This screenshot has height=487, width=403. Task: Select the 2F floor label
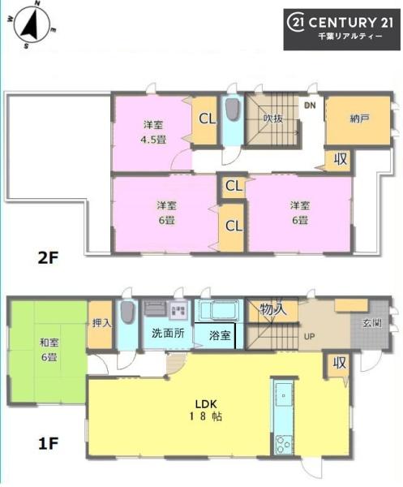(49, 259)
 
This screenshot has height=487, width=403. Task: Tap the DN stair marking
(309, 106)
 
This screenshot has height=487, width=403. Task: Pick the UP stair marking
(309, 335)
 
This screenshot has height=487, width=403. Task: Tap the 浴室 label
(219, 334)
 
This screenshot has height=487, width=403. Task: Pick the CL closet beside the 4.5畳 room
(207, 119)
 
